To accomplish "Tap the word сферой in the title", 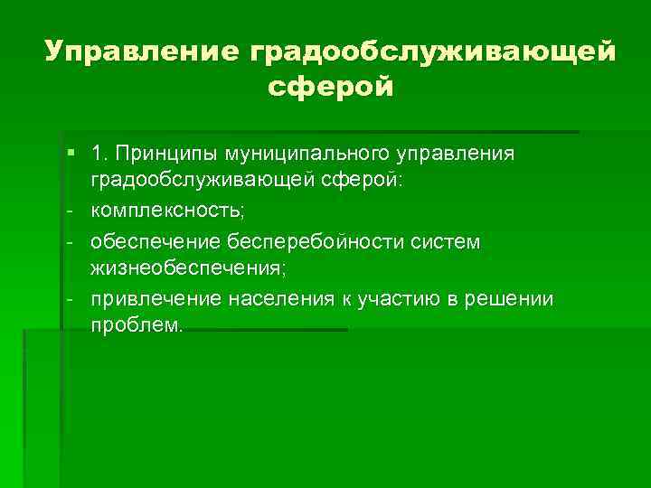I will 331,89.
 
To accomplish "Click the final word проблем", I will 136,325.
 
